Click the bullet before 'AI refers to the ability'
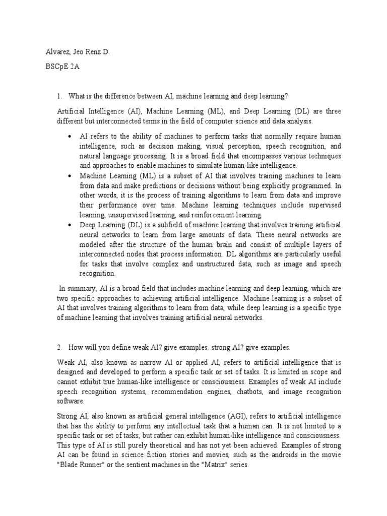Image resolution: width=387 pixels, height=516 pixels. tap(69, 137)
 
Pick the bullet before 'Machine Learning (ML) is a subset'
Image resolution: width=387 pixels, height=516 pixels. tap(69, 176)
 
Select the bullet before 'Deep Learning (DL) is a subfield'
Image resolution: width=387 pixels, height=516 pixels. tap(69, 225)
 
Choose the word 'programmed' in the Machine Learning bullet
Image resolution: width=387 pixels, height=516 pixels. tap(314, 185)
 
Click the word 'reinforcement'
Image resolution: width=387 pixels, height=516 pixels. tap(200, 215)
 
